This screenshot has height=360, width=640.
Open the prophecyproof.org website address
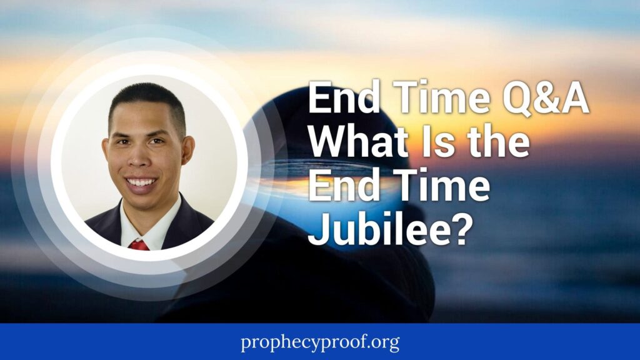pyautogui.click(x=319, y=342)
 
